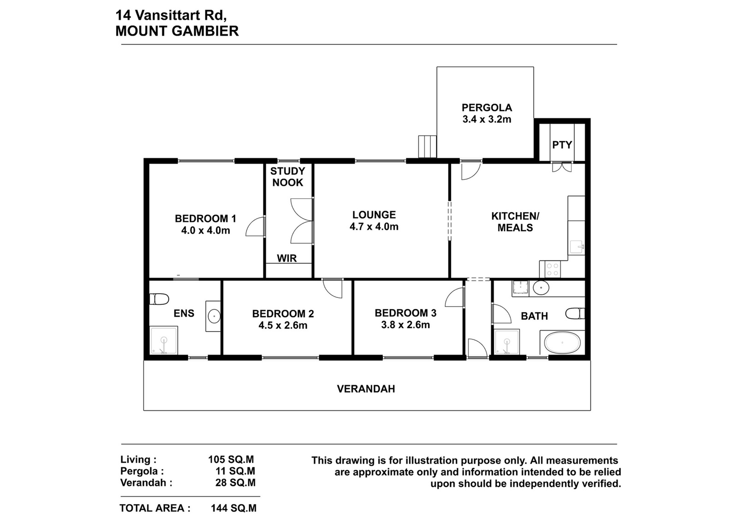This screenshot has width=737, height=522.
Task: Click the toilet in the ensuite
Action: coord(159,299)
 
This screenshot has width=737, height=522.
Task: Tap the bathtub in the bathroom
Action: coord(562,343)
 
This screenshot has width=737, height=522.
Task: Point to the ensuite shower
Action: coord(164,340)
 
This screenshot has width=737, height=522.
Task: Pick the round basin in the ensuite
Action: coord(214,316)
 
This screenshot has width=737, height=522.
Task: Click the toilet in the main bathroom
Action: coord(575,314)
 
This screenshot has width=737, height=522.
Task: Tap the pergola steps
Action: coord(427,147)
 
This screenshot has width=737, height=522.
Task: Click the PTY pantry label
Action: coord(562,145)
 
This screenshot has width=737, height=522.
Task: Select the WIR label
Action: coord(287,258)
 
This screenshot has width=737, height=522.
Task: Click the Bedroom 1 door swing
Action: coord(255,226)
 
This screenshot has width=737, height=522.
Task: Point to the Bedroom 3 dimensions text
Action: coord(405,325)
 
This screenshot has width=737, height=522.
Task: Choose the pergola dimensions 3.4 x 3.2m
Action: coord(486,119)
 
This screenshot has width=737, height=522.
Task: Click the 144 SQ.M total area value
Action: coord(234,508)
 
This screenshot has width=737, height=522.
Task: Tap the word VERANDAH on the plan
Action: coord(366,389)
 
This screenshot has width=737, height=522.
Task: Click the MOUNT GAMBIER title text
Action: coord(177,31)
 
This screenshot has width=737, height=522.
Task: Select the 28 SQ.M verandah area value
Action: coord(235,482)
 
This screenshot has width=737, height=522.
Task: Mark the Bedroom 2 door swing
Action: coord(333,289)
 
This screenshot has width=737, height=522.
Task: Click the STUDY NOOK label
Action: coord(287,177)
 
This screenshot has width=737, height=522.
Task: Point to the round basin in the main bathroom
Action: coord(541,288)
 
